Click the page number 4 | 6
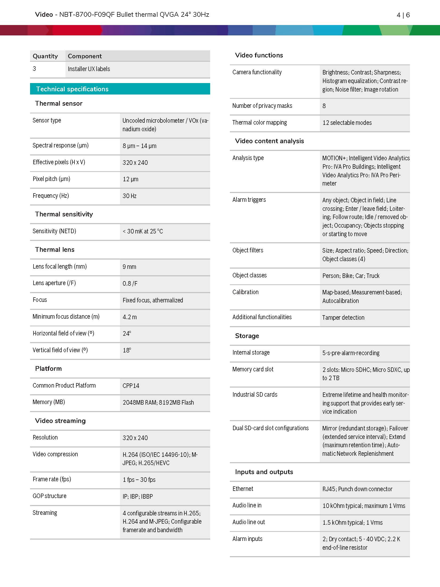(x=403, y=15)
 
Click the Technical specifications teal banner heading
(x=72, y=89)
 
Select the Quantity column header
(x=45, y=56)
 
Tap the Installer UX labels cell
(x=89, y=69)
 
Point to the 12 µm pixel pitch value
(x=130, y=179)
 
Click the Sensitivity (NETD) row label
(x=54, y=231)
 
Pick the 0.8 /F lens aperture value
(x=130, y=284)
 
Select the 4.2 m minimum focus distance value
(x=130, y=317)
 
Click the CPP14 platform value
(x=131, y=386)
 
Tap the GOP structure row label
(x=49, y=496)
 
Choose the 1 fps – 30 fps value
(x=139, y=480)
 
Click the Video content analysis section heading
(x=269, y=141)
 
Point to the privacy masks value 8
(x=324, y=106)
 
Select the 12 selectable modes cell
(x=347, y=123)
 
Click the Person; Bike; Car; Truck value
(x=351, y=276)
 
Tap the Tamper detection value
(x=343, y=318)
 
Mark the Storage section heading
(x=247, y=336)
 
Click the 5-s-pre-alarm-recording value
(x=351, y=353)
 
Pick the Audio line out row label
(x=248, y=522)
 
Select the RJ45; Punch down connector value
(x=357, y=489)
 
